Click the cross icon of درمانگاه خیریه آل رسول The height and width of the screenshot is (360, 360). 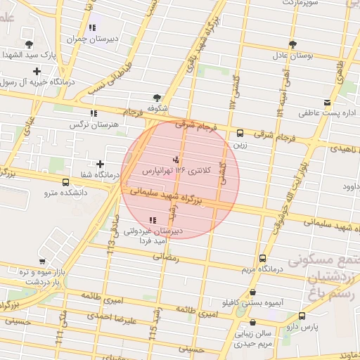click(x=37, y=70)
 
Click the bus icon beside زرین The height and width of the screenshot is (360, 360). click(x=240, y=133)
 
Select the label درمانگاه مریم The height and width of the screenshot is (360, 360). click(x=262, y=269)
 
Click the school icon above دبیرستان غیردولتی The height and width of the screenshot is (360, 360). click(x=153, y=220)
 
